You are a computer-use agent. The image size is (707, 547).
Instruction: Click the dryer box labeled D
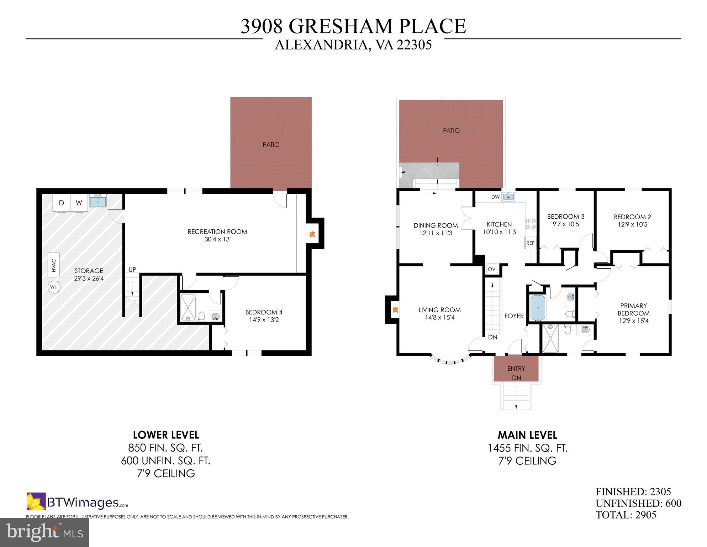pyautogui.click(x=62, y=203)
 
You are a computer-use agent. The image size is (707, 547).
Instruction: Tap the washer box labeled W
pyautogui.click(x=79, y=203)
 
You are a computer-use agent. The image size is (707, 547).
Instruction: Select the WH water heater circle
pyautogui.click(x=54, y=287)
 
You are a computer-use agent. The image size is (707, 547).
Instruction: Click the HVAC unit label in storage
pyautogui.click(x=54, y=265)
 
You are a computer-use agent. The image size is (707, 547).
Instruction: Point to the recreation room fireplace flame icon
pyautogui.click(x=312, y=234)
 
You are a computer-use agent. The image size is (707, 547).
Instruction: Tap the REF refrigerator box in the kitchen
pyautogui.click(x=530, y=243)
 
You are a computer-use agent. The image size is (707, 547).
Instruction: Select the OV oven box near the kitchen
pyautogui.click(x=491, y=269)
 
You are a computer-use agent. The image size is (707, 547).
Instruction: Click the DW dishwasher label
pyautogui.click(x=495, y=197)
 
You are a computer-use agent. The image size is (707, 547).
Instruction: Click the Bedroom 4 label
pyautogui.click(x=264, y=312)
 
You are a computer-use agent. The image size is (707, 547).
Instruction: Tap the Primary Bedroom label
pyautogui.click(x=633, y=309)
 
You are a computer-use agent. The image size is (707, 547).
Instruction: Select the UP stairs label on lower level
pyautogui.click(x=132, y=270)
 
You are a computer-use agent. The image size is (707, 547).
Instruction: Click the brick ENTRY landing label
pyautogui.click(x=516, y=369)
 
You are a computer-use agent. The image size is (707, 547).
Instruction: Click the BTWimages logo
pyautogui.click(x=78, y=502)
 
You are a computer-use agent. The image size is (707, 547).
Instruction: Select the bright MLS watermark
pyautogui.click(x=44, y=533)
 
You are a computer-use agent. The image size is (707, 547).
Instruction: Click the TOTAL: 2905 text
pyautogui.click(x=626, y=515)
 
